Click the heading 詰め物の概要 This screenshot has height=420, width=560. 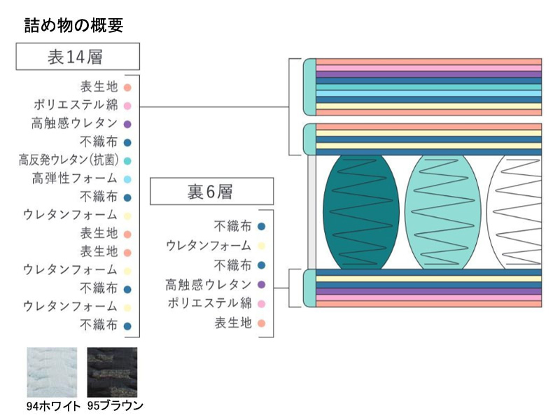click(73, 26)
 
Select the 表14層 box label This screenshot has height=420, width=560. click(77, 57)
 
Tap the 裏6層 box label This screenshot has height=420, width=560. click(211, 191)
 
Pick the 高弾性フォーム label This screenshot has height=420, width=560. click(74, 178)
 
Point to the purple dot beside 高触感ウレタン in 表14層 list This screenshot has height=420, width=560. click(127, 124)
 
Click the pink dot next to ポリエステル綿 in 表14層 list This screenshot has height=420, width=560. click(127, 106)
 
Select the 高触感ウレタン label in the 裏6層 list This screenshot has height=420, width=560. click(208, 284)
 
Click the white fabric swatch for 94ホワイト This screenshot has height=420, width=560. click(53, 372)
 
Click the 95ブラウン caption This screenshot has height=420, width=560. click(115, 405)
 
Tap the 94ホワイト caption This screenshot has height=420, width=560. click(53, 405)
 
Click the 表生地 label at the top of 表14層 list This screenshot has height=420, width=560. click(99, 87)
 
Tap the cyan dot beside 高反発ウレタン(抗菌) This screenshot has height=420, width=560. click(127, 160)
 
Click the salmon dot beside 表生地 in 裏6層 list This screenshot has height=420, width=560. click(261, 323)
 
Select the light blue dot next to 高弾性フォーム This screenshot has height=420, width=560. click(127, 178)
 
